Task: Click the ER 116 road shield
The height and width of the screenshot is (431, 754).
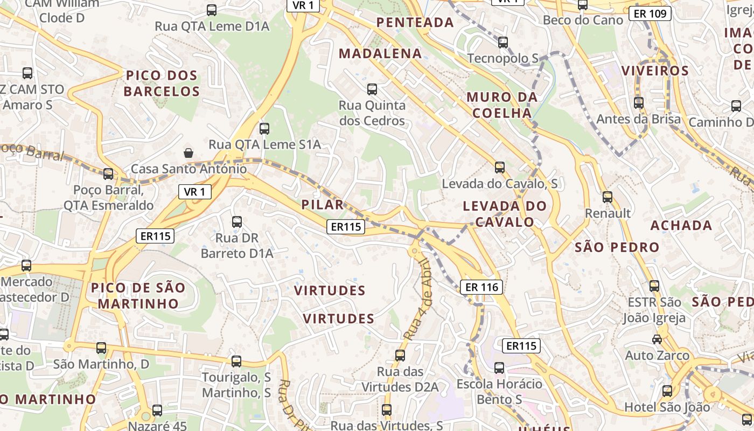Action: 481,287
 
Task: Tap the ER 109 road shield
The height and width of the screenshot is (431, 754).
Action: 650,13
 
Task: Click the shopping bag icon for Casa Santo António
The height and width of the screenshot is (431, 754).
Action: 188,153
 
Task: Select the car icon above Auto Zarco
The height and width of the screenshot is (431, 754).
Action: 657,339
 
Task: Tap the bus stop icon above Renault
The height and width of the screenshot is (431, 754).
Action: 608,197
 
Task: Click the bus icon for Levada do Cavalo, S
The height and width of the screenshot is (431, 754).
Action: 500,168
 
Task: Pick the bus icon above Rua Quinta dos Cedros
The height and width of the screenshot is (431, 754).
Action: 372,89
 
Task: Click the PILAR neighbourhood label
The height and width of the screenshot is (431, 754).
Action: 323,205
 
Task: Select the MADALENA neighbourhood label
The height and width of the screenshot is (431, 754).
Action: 380,53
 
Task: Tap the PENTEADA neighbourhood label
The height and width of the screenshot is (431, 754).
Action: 415,22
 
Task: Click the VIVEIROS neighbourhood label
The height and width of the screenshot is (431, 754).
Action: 655,71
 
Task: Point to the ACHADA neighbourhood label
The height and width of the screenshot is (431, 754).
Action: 681,225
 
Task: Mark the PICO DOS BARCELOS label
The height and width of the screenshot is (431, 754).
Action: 162,83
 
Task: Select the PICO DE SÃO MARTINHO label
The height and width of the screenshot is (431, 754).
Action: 138,295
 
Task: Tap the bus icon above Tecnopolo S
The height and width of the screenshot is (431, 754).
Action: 503,42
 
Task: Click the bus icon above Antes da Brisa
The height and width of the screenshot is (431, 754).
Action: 639,102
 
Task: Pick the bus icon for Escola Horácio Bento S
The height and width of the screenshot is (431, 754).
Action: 499,368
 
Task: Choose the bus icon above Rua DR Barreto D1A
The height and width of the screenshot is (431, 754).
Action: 236,221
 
